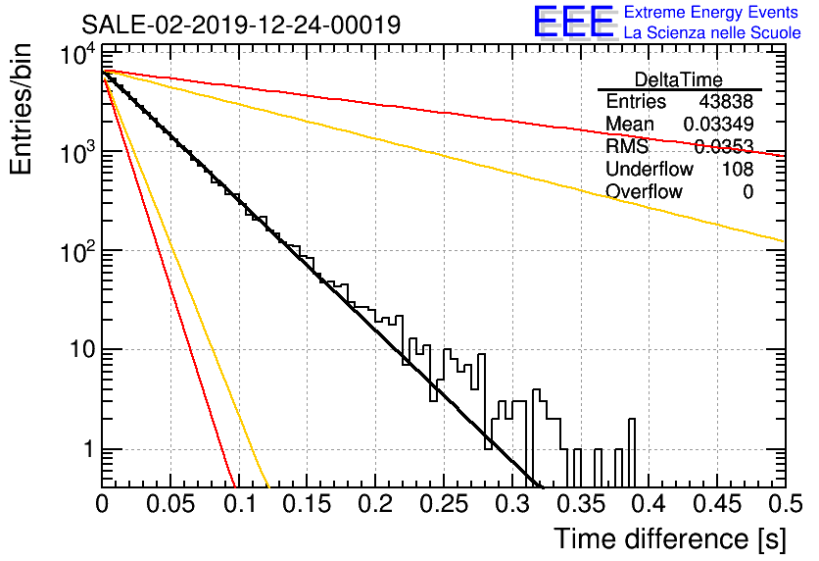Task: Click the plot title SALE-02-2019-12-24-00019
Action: coord(241,25)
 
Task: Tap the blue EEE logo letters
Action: coord(573,22)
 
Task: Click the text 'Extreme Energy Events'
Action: coord(711,12)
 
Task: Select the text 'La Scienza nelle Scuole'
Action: coord(712,32)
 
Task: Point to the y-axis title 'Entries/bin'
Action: coord(21,109)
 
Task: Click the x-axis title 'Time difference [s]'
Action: coord(670,538)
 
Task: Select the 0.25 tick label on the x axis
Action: coord(444,504)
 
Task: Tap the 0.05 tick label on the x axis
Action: coord(170,504)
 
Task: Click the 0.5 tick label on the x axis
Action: coord(785,504)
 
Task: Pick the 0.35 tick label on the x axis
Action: coord(581,504)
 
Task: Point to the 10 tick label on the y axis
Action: coord(83,349)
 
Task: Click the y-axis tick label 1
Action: coord(88,448)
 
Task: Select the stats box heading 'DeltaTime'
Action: coord(679,79)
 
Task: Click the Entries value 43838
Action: coord(726,101)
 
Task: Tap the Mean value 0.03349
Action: coord(718,124)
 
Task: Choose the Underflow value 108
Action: coord(738,169)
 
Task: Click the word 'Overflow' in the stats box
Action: coord(644,191)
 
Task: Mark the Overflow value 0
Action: coord(747,191)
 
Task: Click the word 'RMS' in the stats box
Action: coord(627,146)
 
